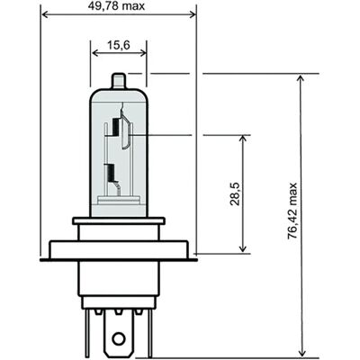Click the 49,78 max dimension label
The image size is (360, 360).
[116, 5]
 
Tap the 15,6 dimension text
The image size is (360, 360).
[119, 45]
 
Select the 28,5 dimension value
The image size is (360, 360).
[235, 193]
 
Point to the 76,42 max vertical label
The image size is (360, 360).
[292, 211]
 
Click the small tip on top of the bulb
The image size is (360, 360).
[118, 80]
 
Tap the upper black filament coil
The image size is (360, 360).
[116, 127]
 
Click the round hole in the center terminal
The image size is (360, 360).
[119, 338]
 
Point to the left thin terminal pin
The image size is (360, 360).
[86, 333]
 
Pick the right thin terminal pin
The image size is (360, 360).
[150, 333]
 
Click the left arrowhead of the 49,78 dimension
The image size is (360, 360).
[44, 14]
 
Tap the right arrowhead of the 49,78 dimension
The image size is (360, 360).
[193, 14]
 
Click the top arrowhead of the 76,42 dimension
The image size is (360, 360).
[301, 79]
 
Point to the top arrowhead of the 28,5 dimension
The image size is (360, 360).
[243, 139]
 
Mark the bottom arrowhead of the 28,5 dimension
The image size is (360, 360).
[243, 248]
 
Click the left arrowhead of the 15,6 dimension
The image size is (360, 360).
[95, 53]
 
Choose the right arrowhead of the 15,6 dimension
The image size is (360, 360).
[142, 53]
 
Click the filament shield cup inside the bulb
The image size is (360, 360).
[126, 130]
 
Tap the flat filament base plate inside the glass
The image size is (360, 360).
[119, 200]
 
